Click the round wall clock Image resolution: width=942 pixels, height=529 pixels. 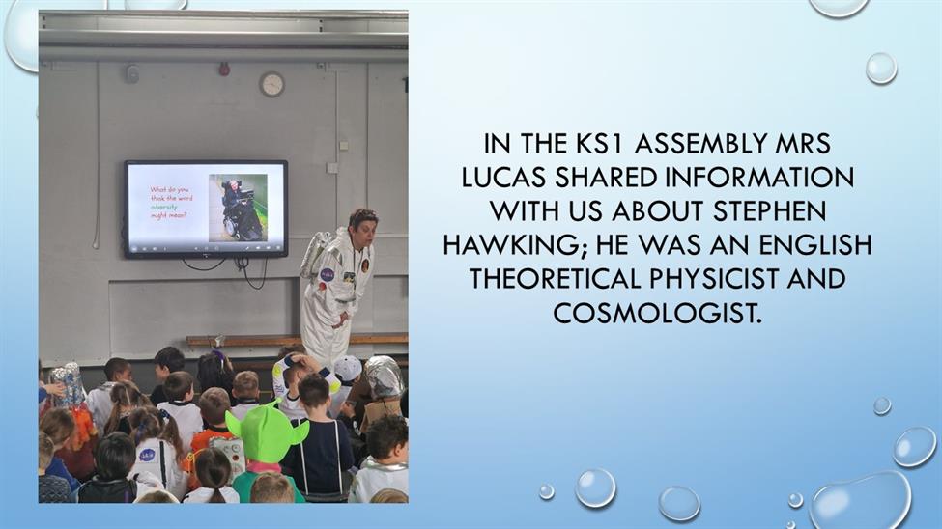[272, 84]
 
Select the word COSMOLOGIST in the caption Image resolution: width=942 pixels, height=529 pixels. [657, 313]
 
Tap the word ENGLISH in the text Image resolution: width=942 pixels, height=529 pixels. [815, 245]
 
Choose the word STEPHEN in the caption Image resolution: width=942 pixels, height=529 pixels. [770, 211]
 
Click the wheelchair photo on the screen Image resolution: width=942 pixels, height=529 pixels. [238, 208]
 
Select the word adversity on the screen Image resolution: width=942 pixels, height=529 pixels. [163, 207]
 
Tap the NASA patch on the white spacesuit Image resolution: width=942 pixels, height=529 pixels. [328, 274]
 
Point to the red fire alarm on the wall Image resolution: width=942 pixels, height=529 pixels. [224, 70]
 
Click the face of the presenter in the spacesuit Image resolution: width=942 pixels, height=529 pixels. [364, 228]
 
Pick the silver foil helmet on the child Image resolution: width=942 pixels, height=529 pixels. [384, 377]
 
